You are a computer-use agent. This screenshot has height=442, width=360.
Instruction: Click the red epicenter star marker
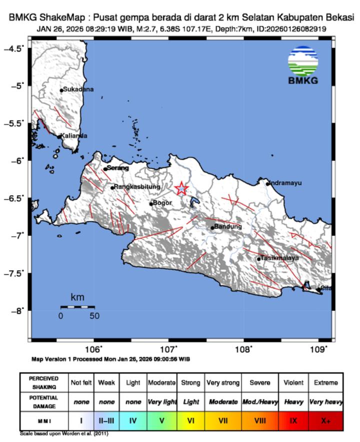(181, 189)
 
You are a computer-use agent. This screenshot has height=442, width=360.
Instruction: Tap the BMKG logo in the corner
(303, 67)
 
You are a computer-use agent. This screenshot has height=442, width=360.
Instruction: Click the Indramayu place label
(286, 183)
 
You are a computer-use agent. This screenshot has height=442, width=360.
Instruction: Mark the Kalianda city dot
(59, 136)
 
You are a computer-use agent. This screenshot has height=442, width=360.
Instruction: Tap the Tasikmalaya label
(279, 258)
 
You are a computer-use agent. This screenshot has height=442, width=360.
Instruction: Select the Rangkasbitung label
(137, 187)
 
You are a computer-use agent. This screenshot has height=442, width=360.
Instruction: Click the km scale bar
(77, 307)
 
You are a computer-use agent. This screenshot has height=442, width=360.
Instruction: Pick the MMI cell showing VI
(190, 420)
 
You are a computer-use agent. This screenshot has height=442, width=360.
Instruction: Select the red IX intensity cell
(293, 420)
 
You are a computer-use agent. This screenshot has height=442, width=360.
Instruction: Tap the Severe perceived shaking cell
(259, 382)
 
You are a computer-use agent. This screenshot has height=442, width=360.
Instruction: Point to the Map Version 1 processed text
(110, 359)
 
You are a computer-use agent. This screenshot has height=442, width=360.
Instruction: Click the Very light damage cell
(161, 402)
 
